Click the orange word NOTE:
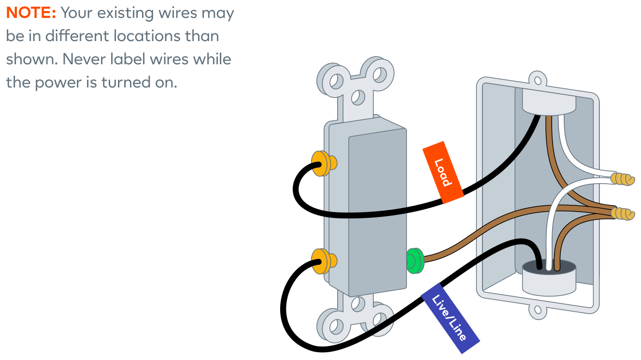(x=31, y=13)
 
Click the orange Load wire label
(x=443, y=173)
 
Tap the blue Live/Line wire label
(x=450, y=318)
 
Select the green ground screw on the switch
(x=414, y=261)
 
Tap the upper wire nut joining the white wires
(x=622, y=179)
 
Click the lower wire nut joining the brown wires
(x=622, y=214)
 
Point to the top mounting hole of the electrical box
(x=538, y=81)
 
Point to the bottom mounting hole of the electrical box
(x=538, y=310)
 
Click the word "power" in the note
(x=59, y=83)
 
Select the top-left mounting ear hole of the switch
(x=336, y=81)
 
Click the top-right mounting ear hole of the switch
(x=380, y=74)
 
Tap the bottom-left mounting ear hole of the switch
(x=336, y=327)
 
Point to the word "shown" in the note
(x=32, y=59)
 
